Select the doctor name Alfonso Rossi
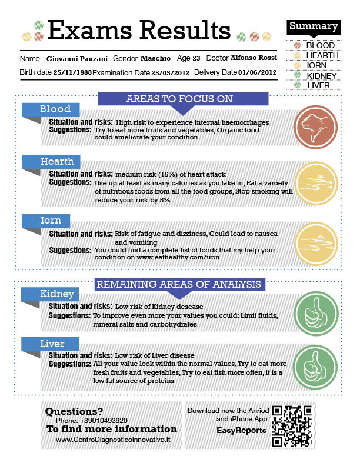click(254, 59)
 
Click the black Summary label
click(314, 26)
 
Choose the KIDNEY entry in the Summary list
click(321, 75)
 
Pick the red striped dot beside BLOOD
click(297, 45)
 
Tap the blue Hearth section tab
click(56, 161)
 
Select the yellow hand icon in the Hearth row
click(315, 182)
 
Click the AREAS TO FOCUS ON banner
click(179, 99)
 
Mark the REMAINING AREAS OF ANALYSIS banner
click(179, 285)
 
